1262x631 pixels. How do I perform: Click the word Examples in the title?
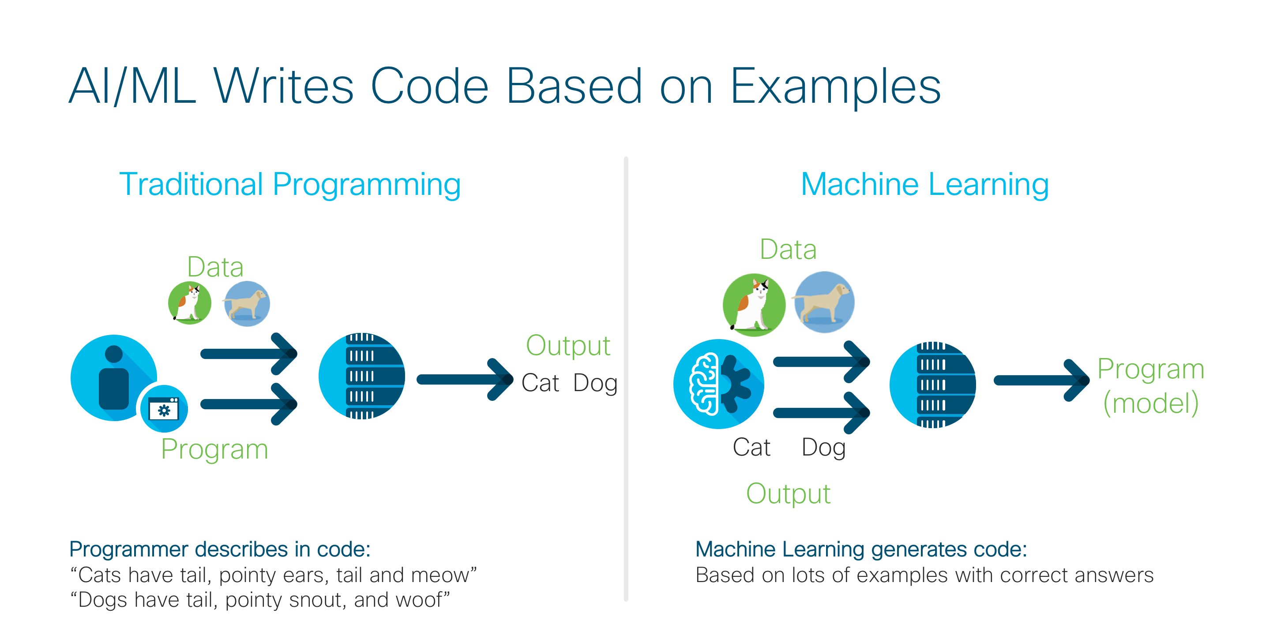click(835, 87)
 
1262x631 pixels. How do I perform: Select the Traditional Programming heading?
click(289, 185)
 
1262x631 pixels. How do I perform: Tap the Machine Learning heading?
click(924, 185)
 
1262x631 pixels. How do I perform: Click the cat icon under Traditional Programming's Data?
click(190, 302)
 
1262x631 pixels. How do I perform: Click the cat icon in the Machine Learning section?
click(754, 305)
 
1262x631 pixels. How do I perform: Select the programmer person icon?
click(114, 377)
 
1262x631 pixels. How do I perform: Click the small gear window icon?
click(164, 409)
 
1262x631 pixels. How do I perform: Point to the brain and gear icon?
click(718, 384)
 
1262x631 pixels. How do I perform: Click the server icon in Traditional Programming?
click(361, 376)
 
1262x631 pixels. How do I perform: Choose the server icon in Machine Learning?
click(932, 385)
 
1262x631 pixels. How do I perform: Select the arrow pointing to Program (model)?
click(1041, 381)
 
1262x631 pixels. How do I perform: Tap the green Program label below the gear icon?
click(214, 449)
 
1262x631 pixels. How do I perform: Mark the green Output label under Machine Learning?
click(788, 493)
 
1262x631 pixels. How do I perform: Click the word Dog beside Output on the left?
click(595, 383)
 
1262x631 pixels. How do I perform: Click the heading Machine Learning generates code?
click(861, 549)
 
